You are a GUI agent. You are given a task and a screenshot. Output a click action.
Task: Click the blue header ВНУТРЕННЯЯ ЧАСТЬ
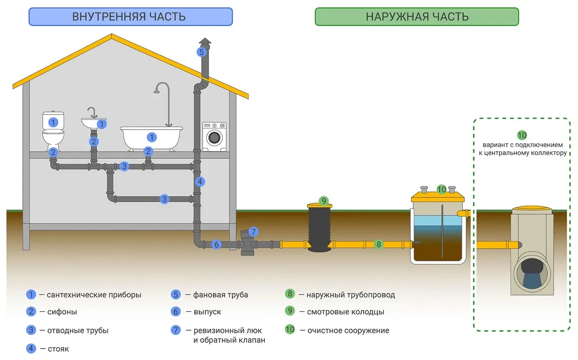[x=131, y=17]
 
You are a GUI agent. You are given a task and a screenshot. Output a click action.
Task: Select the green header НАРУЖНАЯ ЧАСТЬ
[x=417, y=17]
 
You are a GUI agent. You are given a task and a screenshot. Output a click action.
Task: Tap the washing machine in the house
[x=214, y=137]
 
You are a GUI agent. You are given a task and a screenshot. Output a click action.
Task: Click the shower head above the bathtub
[x=157, y=91]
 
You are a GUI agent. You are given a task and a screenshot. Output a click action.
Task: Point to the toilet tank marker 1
[x=53, y=122]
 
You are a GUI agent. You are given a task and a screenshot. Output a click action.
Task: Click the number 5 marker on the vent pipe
[x=201, y=52]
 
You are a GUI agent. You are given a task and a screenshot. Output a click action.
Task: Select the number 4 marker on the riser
[x=200, y=182]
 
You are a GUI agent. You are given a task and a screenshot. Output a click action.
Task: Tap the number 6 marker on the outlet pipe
[x=216, y=244]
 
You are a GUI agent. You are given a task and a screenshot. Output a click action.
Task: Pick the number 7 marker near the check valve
[x=253, y=232]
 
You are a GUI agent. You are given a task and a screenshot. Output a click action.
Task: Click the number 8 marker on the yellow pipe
[x=379, y=244]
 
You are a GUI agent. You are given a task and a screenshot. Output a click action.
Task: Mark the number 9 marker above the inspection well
[x=324, y=201]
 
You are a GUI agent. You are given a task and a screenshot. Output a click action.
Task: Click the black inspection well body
[x=319, y=229]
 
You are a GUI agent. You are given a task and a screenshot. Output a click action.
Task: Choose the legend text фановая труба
[x=221, y=295]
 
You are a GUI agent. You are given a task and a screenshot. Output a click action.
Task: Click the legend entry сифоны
[x=62, y=312]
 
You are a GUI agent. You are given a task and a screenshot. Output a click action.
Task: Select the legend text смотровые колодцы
[x=345, y=312]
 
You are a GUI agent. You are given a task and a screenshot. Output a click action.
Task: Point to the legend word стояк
[x=58, y=349]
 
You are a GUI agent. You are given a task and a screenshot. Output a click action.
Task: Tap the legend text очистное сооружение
[x=348, y=330]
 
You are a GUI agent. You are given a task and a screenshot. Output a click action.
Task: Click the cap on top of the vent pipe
[x=205, y=41]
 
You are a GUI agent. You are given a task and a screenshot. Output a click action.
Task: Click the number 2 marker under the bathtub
[x=148, y=152]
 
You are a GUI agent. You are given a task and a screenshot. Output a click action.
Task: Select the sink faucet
[x=92, y=113]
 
